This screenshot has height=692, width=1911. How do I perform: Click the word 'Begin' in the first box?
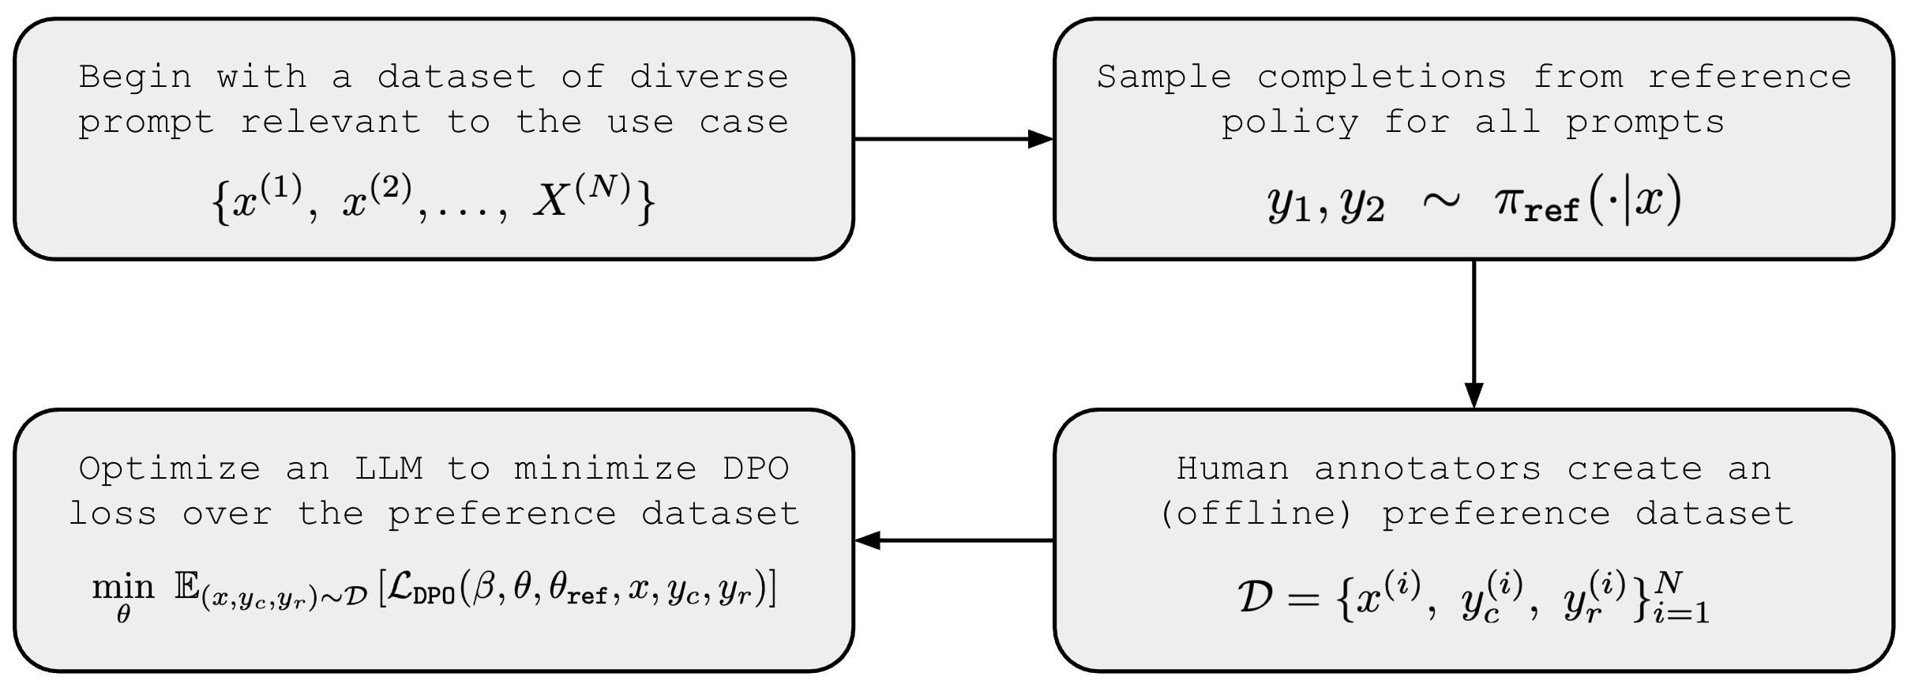135,77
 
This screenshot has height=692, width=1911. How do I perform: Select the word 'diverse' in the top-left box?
708,77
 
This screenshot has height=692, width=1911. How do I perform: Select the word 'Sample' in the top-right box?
1164,77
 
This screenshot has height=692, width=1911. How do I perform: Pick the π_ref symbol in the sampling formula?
1536,205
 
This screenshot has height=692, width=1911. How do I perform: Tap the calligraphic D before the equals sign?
1255,598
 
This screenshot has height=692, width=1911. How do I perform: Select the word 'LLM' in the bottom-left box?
389,469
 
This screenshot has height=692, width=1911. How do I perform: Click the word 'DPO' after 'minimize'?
755,469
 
